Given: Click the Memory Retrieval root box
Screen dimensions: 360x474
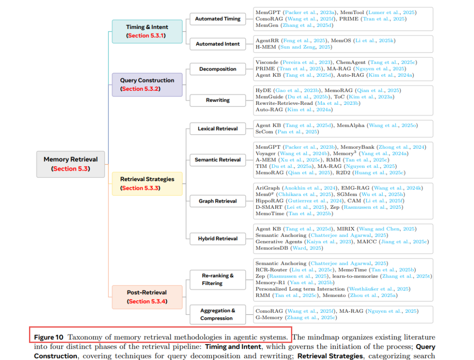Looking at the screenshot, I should (x=71, y=164).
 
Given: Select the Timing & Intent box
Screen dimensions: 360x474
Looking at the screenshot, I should (x=147, y=31).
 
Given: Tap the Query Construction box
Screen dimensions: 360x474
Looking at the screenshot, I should (x=147, y=84).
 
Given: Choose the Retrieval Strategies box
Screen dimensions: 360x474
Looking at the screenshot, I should (x=147, y=183).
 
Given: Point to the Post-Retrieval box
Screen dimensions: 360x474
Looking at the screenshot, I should (x=147, y=296).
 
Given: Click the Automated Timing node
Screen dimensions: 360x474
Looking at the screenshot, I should (x=218, y=19).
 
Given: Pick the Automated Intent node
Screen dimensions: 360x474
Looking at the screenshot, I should (x=218, y=44).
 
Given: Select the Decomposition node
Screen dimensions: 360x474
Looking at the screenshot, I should (x=218, y=69).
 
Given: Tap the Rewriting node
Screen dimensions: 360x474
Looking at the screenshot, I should (x=218, y=100).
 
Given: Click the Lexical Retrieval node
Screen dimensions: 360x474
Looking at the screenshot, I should (x=218, y=128).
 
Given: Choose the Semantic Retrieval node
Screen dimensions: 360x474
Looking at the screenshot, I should (x=218, y=160).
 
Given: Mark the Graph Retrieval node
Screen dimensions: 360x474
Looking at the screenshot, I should (x=218, y=201).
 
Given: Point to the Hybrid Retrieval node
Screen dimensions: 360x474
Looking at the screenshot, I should (x=218, y=239).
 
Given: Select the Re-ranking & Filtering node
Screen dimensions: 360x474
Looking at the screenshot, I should (x=218, y=279).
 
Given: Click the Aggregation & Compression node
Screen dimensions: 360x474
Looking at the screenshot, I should (x=218, y=314).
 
